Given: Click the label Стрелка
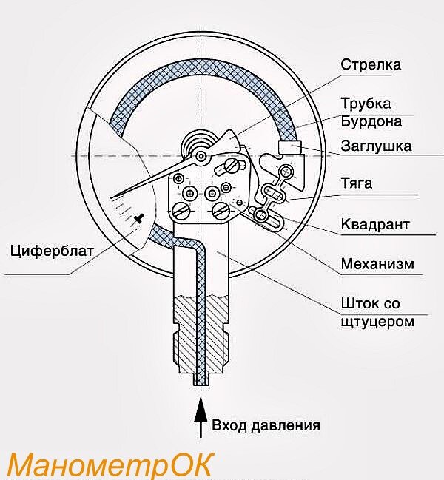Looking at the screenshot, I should (x=371, y=64).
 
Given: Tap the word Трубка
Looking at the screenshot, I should (x=366, y=103).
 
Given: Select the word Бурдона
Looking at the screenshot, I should (x=371, y=121).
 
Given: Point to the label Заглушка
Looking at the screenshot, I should (x=376, y=146).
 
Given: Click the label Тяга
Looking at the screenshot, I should (x=357, y=183).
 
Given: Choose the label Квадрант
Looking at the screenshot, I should (x=375, y=223).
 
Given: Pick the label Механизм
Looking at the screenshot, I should (x=377, y=264).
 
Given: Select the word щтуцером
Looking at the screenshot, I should (x=377, y=322).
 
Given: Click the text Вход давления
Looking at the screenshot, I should (x=266, y=425).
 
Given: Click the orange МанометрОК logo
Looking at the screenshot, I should (x=109, y=465).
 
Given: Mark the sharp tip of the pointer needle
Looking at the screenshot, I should (x=116, y=196).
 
